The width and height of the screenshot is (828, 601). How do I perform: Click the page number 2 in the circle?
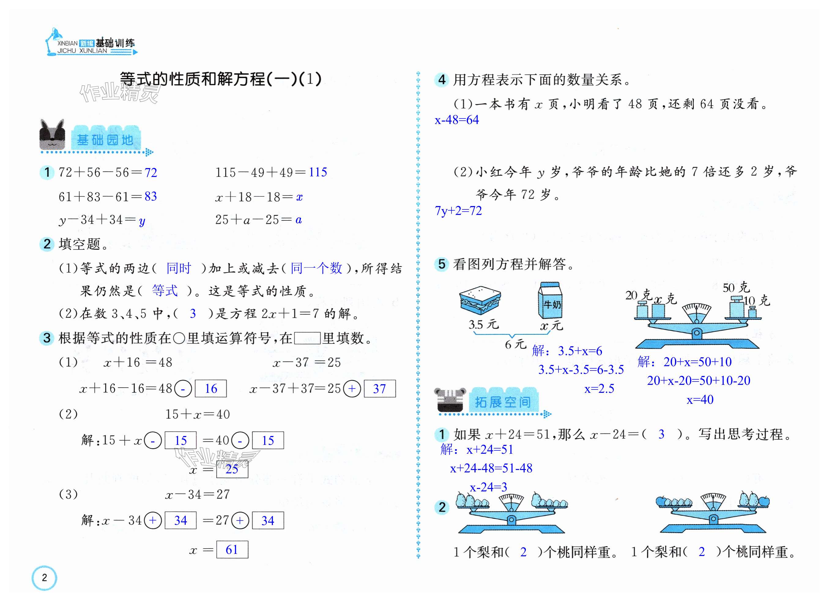(x=44, y=578)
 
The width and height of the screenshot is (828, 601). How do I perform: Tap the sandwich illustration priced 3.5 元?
(x=480, y=300)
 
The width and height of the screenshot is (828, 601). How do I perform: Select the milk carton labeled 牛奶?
(x=550, y=300)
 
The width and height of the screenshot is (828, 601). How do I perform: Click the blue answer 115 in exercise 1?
(x=317, y=172)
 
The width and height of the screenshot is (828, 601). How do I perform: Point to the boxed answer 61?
(x=232, y=550)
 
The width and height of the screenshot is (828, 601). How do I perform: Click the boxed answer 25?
(x=232, y=469)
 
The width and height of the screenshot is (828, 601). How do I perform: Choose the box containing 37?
(x=379, y=389)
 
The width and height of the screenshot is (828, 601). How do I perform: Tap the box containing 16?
(x=211, y=389)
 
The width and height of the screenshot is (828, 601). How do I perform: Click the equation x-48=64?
(x=456, y=120)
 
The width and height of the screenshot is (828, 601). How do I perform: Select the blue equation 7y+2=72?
(x=458, y=211)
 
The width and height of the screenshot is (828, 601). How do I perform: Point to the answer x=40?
(x=700, y=400)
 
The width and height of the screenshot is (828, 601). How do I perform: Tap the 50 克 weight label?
(x=736, y=287)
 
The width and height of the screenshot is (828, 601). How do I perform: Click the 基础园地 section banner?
(x=105, y=140)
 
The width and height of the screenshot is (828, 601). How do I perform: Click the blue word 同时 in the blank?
(x=179, y=268)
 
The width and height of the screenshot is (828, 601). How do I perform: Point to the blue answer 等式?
(x=165, y=291)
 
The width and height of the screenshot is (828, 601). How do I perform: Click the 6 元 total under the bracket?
(x=515, y=344)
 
